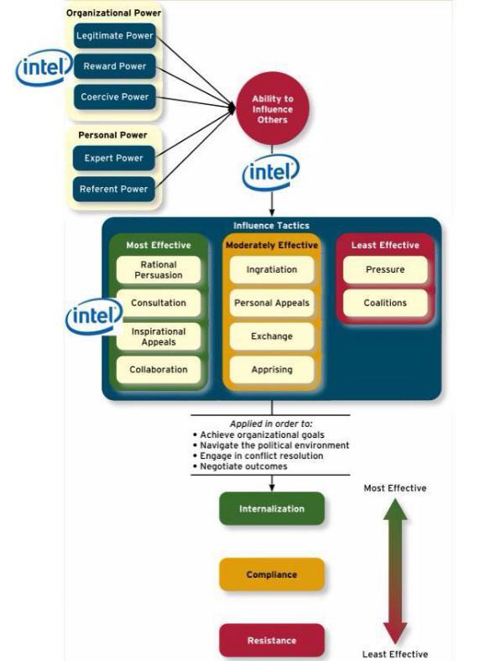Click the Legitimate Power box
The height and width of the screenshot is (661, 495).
(x=115, y=35)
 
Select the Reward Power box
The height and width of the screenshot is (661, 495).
(x=115, y=66)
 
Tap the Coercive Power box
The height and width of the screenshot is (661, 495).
(x=115, y=97)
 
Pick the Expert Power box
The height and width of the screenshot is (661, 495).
(x=114, y=158)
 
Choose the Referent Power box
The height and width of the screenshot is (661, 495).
(x=114, y=189)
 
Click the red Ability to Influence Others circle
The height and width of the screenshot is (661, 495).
(x=273, y=109)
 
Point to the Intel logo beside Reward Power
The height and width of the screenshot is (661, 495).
(x=44, y=67)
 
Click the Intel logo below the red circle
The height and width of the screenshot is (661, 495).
(x=271, y=173)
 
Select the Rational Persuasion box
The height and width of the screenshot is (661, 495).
(x=159, y=270)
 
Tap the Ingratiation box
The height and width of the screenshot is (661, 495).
(x=272, y=270)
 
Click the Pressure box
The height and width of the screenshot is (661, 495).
(x=385, y=270)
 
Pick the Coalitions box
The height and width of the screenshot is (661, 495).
(x=385, y=303)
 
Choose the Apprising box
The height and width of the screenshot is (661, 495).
(x=272, y=370)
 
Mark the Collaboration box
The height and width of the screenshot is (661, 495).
(x=159, y=370)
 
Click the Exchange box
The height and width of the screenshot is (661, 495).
(x=272, y=336)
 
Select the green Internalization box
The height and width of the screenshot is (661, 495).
(x=272, y=508)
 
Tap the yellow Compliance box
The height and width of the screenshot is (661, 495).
(x=272, y=574)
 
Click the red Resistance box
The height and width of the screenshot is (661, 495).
(x=272, y=640)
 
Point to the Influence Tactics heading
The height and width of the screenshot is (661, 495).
(x=272, y=226)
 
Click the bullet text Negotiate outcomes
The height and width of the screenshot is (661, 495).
(x=243, y=466)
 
